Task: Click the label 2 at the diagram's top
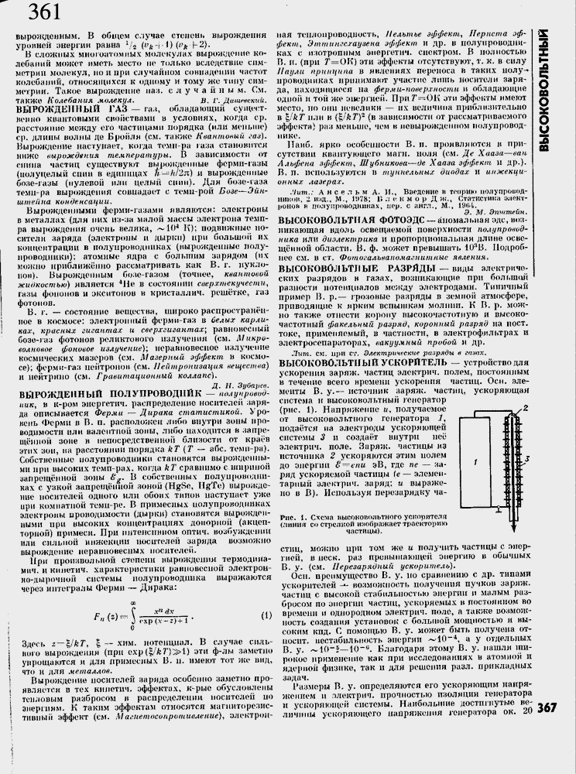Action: click(x=525, y=406)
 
